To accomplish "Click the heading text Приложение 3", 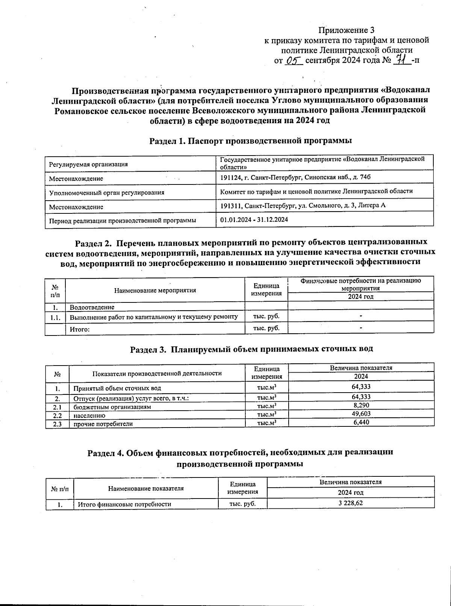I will point(347,30).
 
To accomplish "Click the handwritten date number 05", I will point(294,60).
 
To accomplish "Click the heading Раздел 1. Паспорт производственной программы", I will point(251,141).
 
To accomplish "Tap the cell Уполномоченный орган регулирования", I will point(107,193).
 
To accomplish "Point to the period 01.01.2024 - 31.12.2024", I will point(254,220).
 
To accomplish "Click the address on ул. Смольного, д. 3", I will point(303,206).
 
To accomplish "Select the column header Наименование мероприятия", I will point(155,290).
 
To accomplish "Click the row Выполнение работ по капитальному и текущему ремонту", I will point(154,317).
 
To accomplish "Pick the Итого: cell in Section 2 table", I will point(80,329).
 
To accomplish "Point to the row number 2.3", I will point(57,424).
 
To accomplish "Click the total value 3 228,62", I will point(350,503).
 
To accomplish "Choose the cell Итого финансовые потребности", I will point(124,504).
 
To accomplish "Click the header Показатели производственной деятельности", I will point(157,373).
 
